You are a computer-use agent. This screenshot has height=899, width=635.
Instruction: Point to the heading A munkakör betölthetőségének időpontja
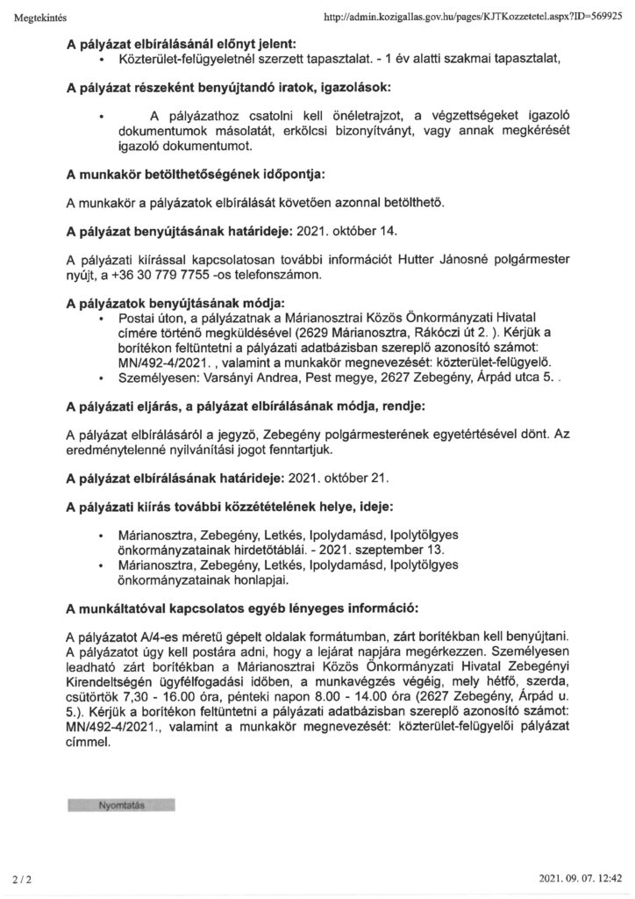tap(196, 176)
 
